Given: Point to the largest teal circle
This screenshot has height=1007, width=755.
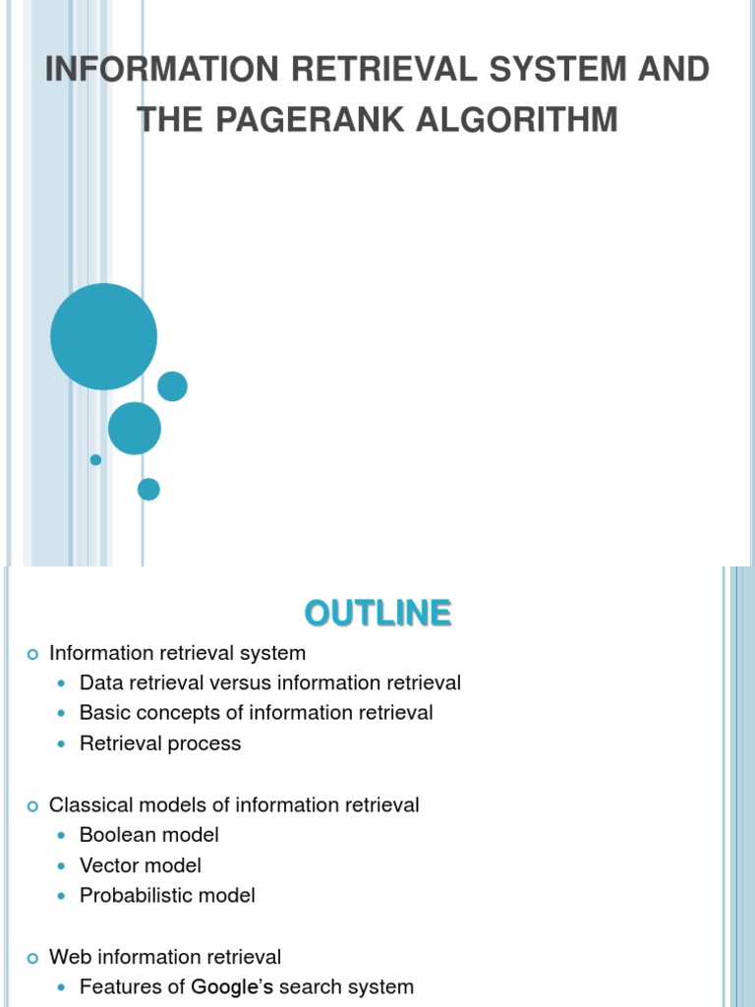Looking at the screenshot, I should click(103, 336).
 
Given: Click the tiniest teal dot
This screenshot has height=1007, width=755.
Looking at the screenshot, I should click(95, 459).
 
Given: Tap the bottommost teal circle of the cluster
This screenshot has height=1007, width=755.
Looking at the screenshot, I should click(148, 489).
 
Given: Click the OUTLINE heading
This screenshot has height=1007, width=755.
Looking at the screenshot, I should click(377, 613).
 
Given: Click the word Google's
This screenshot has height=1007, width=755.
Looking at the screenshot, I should click(233, 986).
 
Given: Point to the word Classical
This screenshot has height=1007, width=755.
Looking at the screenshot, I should click(89, 804).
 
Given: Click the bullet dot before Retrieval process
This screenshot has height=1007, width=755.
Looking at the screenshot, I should click(65, 744).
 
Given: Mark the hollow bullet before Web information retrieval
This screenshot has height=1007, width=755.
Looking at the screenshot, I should click(31, 958).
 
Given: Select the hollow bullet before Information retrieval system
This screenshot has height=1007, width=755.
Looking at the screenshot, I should click(31, 654).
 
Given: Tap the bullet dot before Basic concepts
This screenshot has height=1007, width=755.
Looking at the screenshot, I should click(65, 713).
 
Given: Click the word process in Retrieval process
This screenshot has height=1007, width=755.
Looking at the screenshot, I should click(204, 744).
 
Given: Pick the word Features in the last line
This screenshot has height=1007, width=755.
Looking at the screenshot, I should click(121, 986).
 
